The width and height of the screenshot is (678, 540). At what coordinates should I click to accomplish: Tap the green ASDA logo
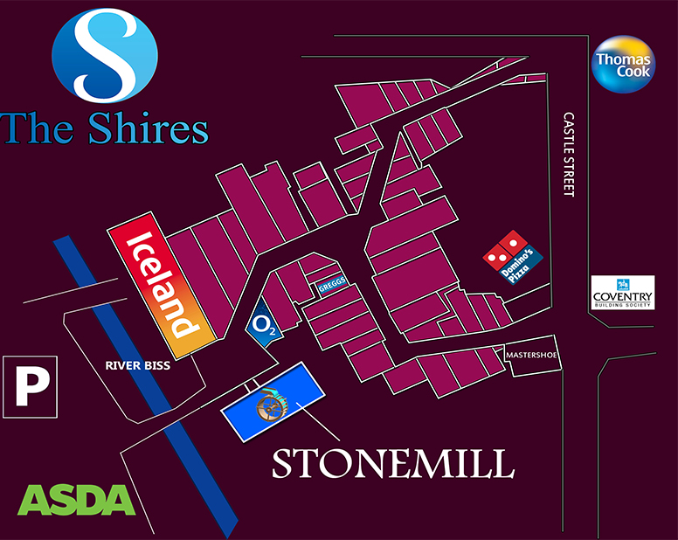pos(78,498)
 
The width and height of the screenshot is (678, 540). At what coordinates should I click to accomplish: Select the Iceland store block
pos(162,286)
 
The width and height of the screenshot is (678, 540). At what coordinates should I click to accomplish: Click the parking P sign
pos(31,385)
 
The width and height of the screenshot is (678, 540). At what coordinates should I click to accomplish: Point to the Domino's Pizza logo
pos(513,256)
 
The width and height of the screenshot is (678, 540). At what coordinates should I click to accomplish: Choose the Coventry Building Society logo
pos(623,294)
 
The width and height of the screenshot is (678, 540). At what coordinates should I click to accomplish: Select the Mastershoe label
pos(530,356)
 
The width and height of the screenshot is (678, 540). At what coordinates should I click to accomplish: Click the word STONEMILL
pos(392,462)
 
